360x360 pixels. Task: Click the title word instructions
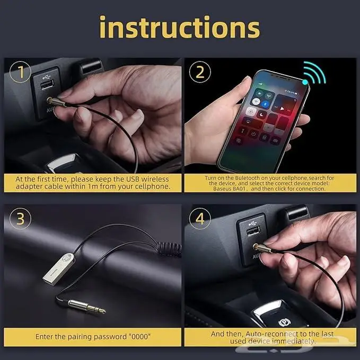coord(180,27)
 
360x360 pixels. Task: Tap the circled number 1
coord(21,72)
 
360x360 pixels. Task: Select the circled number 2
coord(200,72)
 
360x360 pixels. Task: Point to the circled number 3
coord(21,218)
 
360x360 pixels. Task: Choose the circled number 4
coord(200,218)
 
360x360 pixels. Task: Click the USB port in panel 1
coord(47,85)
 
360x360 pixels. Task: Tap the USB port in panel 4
coord(253,231)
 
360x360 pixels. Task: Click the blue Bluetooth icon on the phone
coord(265,104)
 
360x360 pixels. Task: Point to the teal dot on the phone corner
coord(305,82)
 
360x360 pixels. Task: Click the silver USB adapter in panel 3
coord(59,269)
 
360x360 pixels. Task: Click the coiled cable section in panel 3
coord(170,249)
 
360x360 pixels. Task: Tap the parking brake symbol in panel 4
coord(285,323)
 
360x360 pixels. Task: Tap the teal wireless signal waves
coord(315,72)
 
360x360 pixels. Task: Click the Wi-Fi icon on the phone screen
coord(256,101)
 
